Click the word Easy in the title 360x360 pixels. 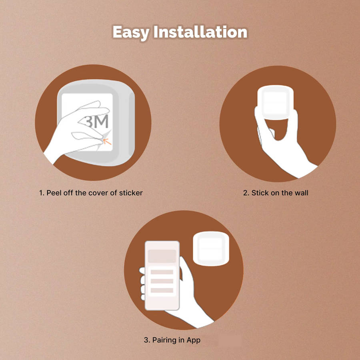131,32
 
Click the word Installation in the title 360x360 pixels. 200,32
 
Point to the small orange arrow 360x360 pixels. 107,141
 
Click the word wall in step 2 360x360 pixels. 301,193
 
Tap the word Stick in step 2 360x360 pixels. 260,193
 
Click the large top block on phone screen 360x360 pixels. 162,256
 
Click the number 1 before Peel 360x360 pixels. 41,193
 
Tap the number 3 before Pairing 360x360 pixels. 146,340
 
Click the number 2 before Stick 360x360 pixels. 245,193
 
